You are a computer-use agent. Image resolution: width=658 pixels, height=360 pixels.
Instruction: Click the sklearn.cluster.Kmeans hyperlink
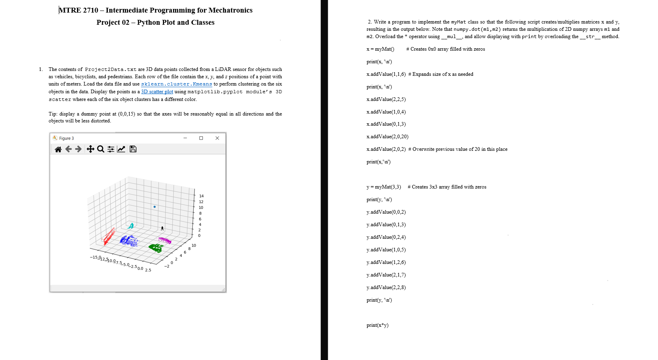pos(176,84)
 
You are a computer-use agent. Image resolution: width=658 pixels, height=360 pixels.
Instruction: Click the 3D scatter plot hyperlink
pos(157,92)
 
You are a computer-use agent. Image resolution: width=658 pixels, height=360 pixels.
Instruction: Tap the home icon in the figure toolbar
pos(58,149)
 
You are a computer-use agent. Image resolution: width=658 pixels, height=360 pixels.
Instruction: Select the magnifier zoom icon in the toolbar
pos(100,149)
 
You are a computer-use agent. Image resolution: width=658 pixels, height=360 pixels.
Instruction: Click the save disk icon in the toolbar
pos(133,149)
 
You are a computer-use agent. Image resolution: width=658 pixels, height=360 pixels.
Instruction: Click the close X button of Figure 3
pos(217,138)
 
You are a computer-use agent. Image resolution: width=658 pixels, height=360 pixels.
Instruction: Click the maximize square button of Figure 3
pos(201,138)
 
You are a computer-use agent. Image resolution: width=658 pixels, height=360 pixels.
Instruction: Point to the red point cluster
pos(109,236)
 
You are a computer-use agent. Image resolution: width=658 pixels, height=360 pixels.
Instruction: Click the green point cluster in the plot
pos(156,247)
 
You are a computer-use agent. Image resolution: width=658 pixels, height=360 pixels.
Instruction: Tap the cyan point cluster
pos(131,226)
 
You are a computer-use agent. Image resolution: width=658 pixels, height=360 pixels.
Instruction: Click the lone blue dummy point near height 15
pos(154,207)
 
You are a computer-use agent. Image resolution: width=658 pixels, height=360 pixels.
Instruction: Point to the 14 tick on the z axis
pos(201,196)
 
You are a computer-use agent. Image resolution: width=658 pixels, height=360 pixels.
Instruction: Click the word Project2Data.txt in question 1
pos(111,69)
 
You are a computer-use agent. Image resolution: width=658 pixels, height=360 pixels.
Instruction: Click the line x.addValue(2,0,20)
pos(387,137)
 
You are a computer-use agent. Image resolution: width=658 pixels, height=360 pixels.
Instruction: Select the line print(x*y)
pos(377,325)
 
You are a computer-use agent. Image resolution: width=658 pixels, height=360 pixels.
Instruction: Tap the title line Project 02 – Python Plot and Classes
pos(155,22)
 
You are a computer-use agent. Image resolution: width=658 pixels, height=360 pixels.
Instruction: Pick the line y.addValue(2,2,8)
pos(386,287)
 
